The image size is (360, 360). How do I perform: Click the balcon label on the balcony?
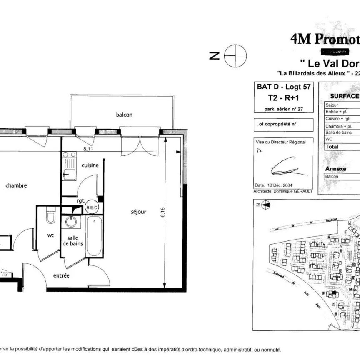pyautogui.click(x=124, y=115)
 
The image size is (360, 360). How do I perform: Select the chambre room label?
pyautogui.click(x=16, y=185)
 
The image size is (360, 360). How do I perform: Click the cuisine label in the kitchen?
pyautogui.click(x=90, y=165)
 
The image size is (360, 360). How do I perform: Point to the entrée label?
pyautogui.click(x=61, y=275)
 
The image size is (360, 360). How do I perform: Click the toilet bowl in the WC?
pyautogui.click(x=50, y=217)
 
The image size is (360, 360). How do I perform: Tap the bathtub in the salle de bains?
pyautogui.click(x=93, y=236)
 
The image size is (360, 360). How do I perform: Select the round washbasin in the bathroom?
pyautogui.click(x=71, y=222)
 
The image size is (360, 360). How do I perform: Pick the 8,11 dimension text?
pyautogui.click(x=87, y=148)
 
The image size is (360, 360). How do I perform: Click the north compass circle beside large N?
pyautogui.click(x=235, y=55)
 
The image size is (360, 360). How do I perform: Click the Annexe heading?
pyautogui.click(x=335, y=169)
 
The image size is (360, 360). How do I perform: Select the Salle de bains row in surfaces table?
pyautogui.click(x=338, y=132)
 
